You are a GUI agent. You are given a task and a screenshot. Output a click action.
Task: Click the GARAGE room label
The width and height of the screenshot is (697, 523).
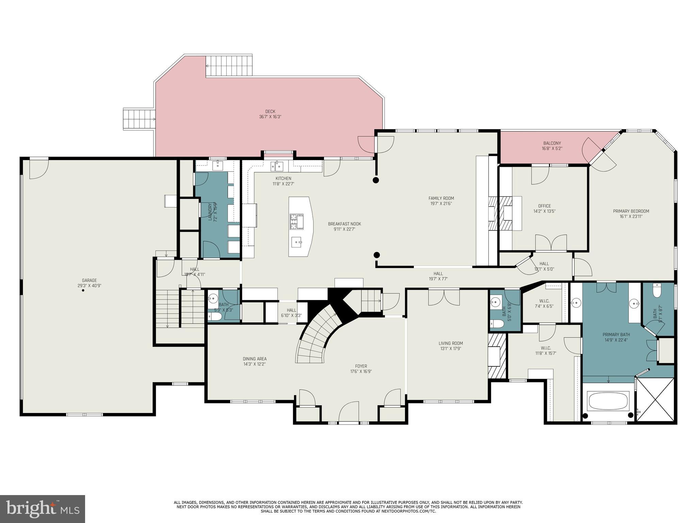pyautogui.click(x=89, y=281)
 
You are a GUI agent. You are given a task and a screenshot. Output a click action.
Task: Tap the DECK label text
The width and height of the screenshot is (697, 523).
pyautogui.click(x=270, y=111)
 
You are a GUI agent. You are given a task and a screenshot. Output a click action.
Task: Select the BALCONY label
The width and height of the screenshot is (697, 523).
pyautogui.click(x=552, y=143)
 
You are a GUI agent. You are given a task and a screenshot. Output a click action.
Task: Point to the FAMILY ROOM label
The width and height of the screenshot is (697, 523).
pyautogui.click(x=441, y=198)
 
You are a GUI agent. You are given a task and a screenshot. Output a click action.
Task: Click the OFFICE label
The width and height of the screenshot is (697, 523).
pyautogui.click(x=545, y=206)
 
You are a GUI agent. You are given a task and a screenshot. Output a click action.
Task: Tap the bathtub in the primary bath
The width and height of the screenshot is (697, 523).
pyautogui.click(x=608, y=401)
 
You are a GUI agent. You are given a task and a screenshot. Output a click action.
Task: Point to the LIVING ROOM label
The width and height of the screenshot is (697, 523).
pyautogui.click(x=451, y=343)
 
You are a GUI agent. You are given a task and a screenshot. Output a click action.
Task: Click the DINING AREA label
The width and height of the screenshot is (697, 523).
pyautogui.click(x=255, y=359)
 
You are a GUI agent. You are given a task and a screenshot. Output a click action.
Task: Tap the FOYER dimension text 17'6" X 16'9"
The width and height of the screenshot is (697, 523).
pyautogui.click(x=361, y=371)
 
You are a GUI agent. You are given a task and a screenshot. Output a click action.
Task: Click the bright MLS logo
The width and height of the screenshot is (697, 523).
pyautogui.click(x=42, y=508)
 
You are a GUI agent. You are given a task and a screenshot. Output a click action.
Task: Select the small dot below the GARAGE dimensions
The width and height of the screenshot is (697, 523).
pyautogui.click(x=83, y=290)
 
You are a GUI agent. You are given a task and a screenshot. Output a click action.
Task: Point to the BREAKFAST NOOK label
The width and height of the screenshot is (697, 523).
pyautogui.click(x=344, y=224)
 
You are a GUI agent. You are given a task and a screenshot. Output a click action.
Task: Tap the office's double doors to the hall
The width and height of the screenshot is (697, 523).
pyautogui.click(x=551, y=243)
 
